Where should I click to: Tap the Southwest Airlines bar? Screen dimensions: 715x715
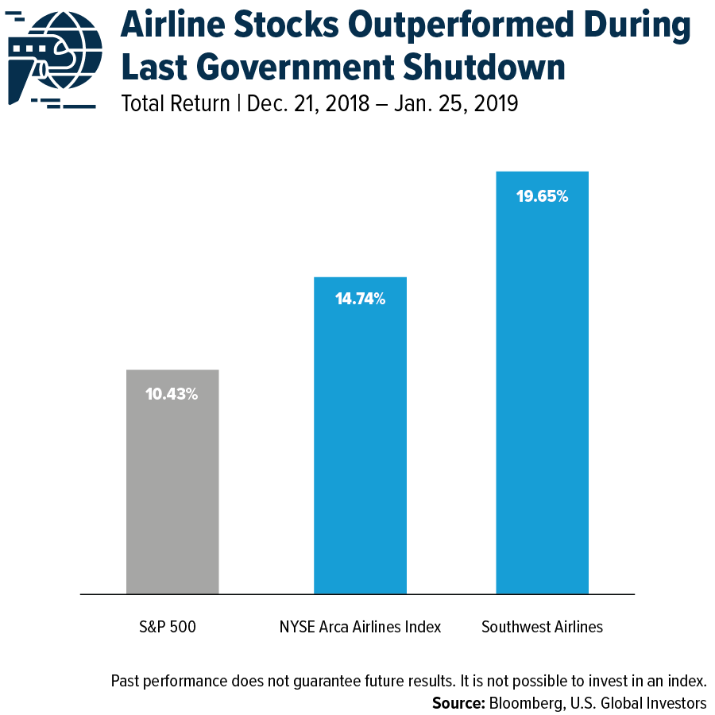click(x=542, y=397)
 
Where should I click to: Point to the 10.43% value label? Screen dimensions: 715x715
click(x=172, y=393)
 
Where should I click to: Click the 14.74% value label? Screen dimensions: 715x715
click(x=360, y=300)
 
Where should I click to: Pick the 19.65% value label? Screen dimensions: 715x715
click(x=542, y=196)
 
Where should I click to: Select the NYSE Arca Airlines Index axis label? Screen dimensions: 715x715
click(x=360, y=627)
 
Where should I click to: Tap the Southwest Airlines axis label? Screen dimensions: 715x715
click(x=542, y=627)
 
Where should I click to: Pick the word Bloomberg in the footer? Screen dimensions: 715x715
click(x=526, y=703)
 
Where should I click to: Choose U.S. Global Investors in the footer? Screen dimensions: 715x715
click(x=636, y=703)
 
